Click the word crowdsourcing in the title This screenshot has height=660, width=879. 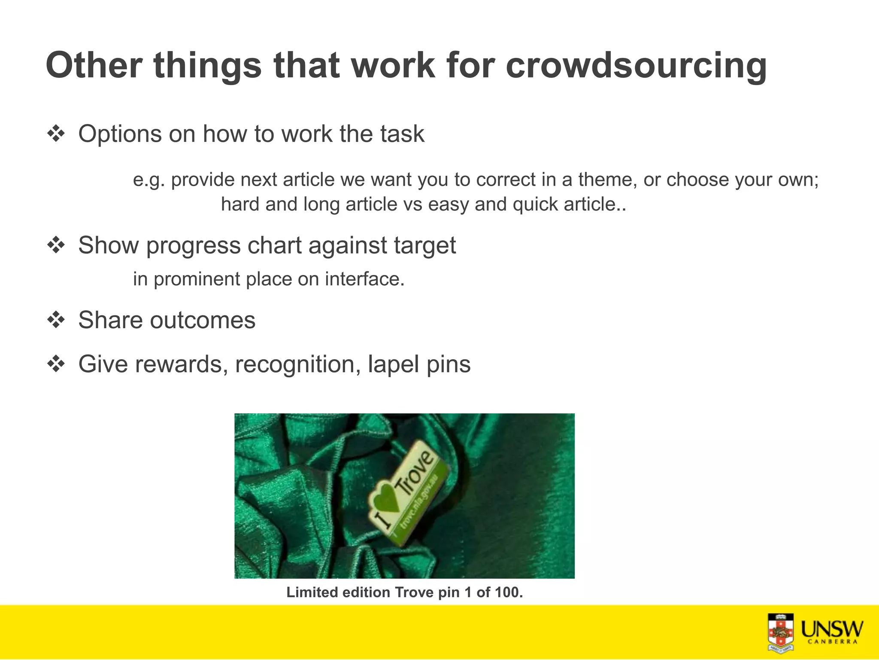coord(636,66)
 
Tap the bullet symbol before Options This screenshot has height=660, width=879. coord(56,134)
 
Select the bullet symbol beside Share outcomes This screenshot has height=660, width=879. coord(56,320)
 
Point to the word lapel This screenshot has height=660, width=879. coord(393,365)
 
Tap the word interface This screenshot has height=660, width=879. coord(364,279)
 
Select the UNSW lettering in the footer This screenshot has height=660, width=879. coord(832,629)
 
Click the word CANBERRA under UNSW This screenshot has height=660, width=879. coord(832,642)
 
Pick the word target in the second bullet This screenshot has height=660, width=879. coord(424,246)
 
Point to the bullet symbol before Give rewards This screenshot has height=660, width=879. coord(56,364)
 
